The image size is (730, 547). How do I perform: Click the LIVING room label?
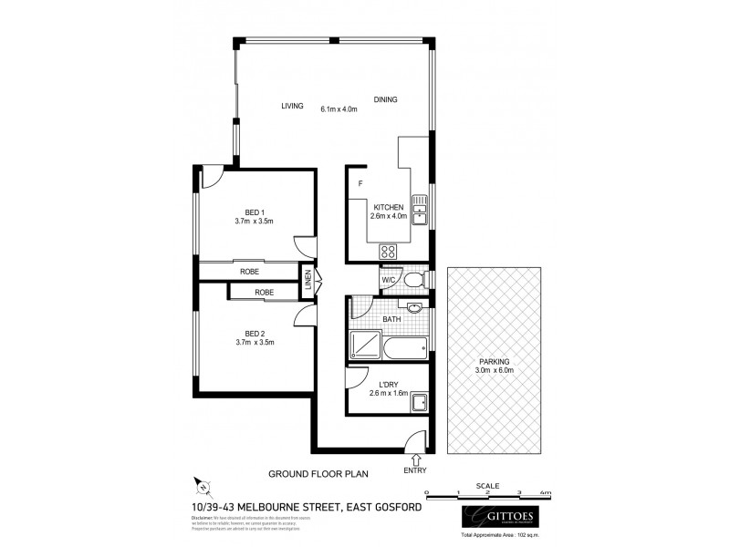point(292,106)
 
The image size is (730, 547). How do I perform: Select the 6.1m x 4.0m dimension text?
point(338,109)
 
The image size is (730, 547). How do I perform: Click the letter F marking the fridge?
point(360,184)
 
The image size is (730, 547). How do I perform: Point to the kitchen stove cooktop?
point(388,253)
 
